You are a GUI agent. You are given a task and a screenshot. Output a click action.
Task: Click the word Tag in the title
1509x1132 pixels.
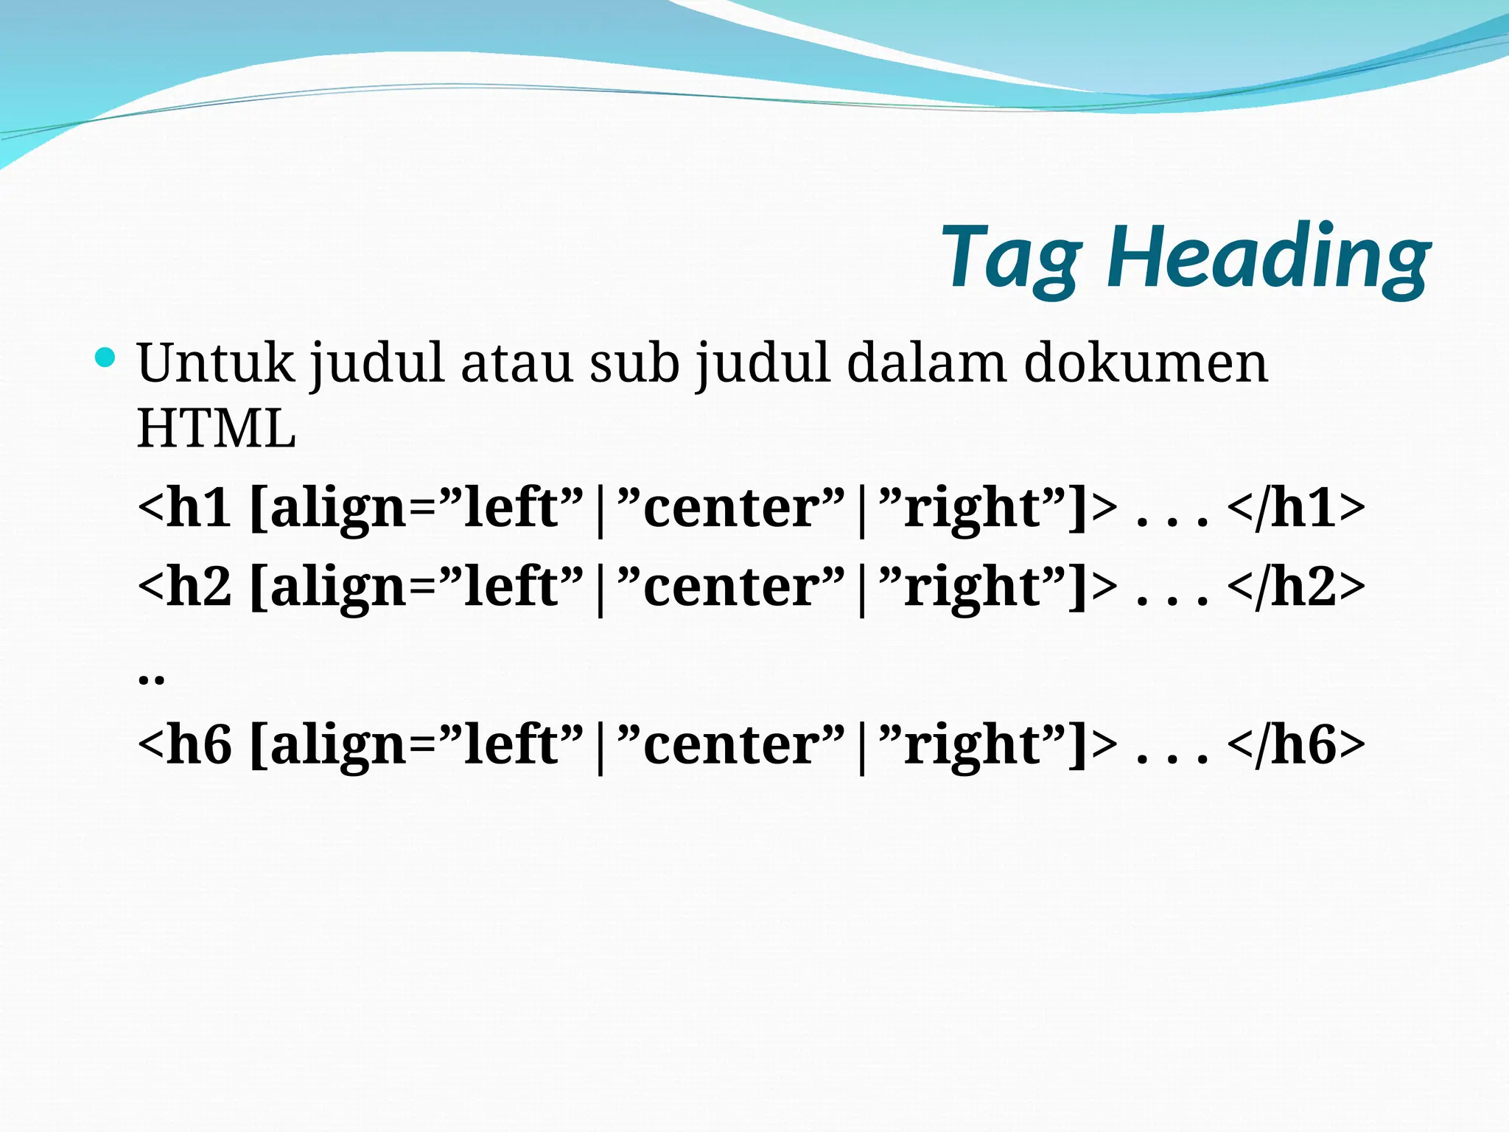(1012, 258)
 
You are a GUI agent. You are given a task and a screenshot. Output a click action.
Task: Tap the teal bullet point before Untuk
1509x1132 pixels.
(105, 358)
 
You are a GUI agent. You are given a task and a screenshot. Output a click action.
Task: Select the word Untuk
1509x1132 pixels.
(215, 363)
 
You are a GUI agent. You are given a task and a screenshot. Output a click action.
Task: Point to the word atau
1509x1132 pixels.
(517, 363)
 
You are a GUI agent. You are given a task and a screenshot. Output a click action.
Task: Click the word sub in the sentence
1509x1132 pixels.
(634, 363)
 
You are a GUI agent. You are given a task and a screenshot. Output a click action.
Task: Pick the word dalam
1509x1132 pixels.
(926, 363)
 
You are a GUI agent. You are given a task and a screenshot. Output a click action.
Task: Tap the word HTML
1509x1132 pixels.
(217, 429)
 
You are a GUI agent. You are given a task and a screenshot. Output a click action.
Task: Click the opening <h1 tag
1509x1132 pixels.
(184, 509)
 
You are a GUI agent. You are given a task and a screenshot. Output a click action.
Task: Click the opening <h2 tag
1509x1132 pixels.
(184, 587)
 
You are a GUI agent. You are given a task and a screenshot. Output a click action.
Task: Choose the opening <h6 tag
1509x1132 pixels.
(184, 745)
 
